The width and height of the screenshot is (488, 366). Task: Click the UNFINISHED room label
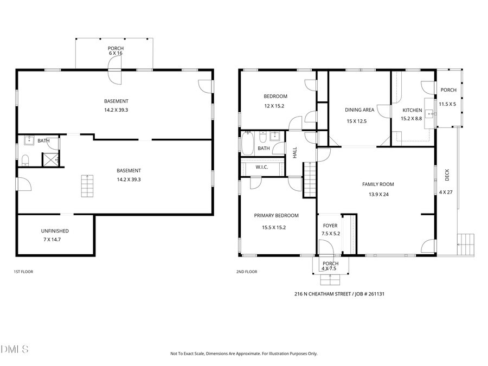56,230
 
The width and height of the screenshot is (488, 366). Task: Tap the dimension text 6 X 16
115,54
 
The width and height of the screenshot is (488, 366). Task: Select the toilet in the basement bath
25,160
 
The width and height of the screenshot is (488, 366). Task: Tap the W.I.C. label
262,167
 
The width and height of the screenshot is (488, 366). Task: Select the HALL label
295,152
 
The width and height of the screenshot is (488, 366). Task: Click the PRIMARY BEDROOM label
277,215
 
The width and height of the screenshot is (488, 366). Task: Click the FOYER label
330,226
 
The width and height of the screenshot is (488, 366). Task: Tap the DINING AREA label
359,110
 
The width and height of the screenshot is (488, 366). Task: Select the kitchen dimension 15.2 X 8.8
412,118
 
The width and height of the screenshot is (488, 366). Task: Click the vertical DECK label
447,175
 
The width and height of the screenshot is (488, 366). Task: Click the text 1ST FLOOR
23,272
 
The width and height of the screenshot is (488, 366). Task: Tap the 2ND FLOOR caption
247,272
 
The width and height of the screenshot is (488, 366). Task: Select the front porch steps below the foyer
329,280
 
